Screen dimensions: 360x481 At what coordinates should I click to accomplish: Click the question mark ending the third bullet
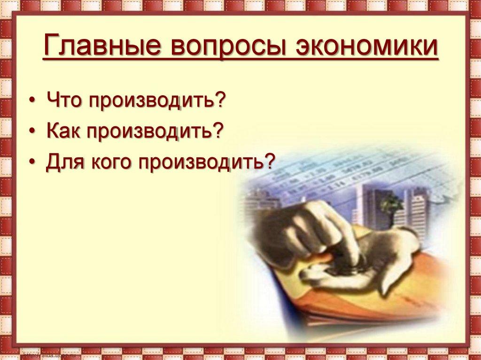(x=269, y=162)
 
